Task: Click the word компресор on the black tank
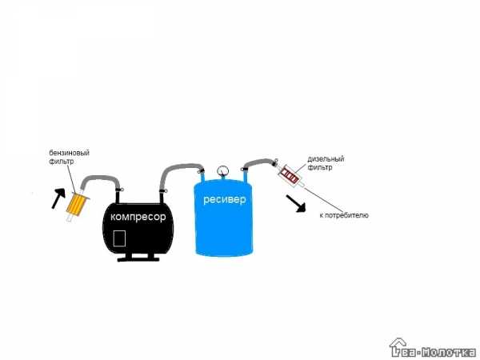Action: click(138, 217)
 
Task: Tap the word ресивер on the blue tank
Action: click(224, 199)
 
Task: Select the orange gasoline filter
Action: click(78, 204)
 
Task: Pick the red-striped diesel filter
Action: click(290, 174)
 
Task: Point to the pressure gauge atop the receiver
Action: click(222, 171)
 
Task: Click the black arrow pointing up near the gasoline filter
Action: click(58, 198)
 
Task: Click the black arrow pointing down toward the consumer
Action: click(296, 203)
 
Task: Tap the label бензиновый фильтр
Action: click(69, 157)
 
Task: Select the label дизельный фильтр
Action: click(326, 163)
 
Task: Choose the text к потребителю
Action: click(344, 215)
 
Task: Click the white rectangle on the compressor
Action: click(119, 238)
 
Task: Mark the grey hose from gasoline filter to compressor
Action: click(101, 178)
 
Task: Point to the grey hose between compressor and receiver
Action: click(178, 168)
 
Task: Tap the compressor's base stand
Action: click(138, 257)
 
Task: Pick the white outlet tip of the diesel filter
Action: click(302, 184)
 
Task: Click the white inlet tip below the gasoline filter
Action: click(69, 218)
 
